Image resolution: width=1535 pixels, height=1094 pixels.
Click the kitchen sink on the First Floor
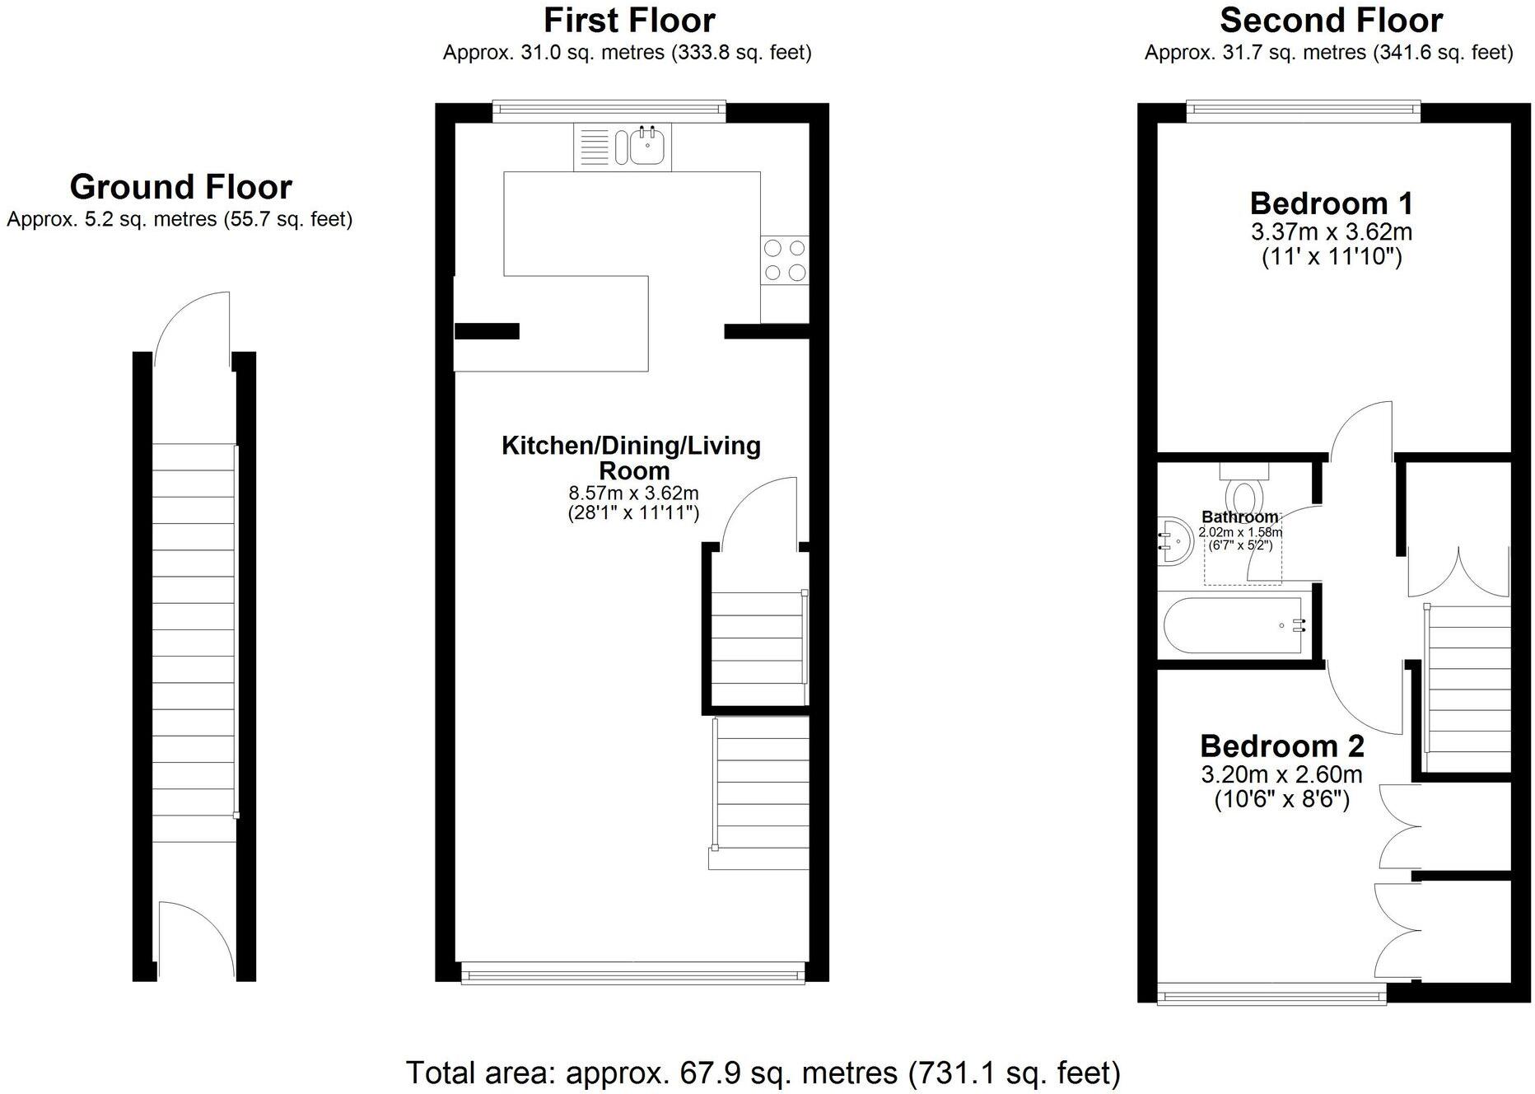pos(648,147)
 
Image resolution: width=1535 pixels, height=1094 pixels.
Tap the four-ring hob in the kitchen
pos(784,259)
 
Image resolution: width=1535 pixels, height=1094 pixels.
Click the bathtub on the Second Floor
pos(1232,626)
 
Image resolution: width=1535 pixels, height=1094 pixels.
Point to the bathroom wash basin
pos(1175,542)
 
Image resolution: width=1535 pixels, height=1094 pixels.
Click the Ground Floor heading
pos(180,187)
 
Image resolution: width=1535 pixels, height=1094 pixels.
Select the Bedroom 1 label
pos(1331,203)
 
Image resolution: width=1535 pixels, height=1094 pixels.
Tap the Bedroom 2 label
pos(1281,746)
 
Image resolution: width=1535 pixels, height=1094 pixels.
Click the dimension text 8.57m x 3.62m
pos(633,493)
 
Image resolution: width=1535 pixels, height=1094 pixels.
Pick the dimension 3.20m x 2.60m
pos(1281,774)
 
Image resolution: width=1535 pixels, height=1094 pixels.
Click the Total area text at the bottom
pos(763,1073)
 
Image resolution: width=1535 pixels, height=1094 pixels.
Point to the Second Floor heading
pos(1331,20)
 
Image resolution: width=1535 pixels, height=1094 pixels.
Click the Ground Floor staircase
pos(194,643)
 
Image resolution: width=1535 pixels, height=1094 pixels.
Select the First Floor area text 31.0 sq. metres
pos(627,53)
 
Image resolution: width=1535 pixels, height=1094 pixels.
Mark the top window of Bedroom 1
pos(1303,111)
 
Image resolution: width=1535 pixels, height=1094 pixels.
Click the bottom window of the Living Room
pos(632,976)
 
